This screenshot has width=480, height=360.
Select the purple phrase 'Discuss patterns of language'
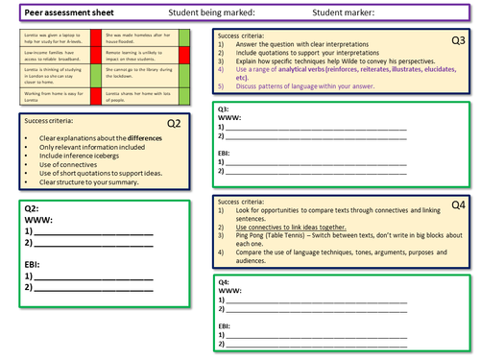pos(292,93)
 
